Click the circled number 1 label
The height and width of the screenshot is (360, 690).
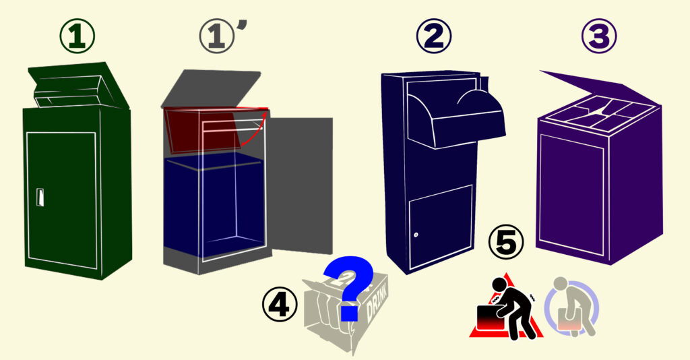[x=77, y=36]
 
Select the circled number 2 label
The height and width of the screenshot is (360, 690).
[x=434, y=36]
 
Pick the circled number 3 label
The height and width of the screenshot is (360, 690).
[x=599, y=36]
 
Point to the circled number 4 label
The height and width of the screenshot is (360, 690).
[x=280, y=305]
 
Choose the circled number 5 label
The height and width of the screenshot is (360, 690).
[x=506, y=243]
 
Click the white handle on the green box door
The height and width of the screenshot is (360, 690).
[x=40, y=197]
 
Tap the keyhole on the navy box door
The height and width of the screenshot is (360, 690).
[x=416, y=235]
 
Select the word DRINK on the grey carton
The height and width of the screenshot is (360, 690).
[x=377, y=303]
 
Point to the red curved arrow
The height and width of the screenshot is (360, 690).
[x=254, y=130]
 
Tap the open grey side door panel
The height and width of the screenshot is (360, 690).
[x=301, y=185]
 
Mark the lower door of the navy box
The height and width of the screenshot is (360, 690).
[x=441, y=227]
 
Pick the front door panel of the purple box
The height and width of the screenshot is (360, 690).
[x=571, y=194]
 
